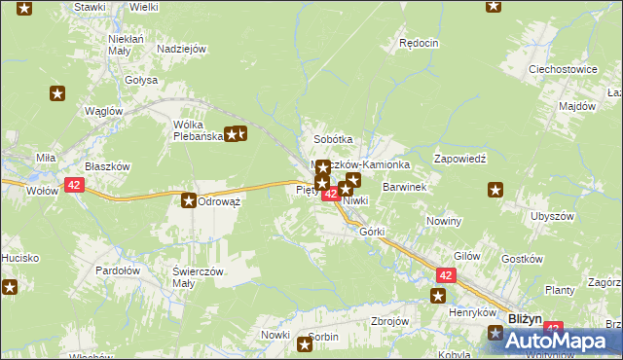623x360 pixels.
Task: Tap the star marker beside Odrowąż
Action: [x=188, y=200]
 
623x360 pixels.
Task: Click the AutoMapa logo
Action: [x=554, y=341]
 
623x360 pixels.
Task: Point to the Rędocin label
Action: [x=420, y=44]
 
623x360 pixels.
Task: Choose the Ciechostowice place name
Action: [x=562, y=70]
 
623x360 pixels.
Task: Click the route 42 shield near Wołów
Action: [x=75, y=184]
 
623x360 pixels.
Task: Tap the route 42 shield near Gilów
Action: [x=446, y=276]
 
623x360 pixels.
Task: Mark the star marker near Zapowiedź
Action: [x=495, y=190]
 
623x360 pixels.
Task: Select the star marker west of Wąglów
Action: [x=57, y=93]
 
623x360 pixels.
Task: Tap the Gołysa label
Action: [x=141, y=80]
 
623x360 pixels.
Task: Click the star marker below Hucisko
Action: [x=9, y=287]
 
